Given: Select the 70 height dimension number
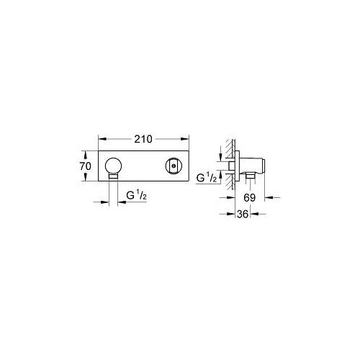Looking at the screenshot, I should [85, 166].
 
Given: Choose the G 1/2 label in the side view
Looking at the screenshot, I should [207, 176].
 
